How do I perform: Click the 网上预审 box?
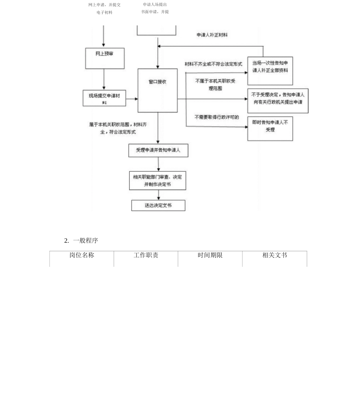point(105,58)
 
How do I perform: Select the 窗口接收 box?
point(157,90)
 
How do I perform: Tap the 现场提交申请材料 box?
point(104,98)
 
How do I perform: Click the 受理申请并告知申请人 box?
point(158,150)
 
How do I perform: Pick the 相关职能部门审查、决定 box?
point(157,180)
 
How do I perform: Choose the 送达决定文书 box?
point(158,205)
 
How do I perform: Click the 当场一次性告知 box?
point(270,71)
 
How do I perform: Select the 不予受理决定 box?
point(278,101)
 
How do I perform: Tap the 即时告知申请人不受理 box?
point(270,128)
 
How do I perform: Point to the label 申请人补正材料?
point(212,35)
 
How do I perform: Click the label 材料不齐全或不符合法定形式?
point(213,64)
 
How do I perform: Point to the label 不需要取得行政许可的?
point(217,117)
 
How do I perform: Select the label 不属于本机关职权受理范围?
point(215,85)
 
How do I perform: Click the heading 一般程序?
point(85,240)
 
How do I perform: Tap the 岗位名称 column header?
point(81,255)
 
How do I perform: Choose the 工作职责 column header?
point(146,255)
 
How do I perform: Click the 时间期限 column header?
point(210,255)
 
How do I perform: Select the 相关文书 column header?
point(275,255)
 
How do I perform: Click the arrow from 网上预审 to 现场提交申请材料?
point(104,80)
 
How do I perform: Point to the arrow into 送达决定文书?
point(158,195)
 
